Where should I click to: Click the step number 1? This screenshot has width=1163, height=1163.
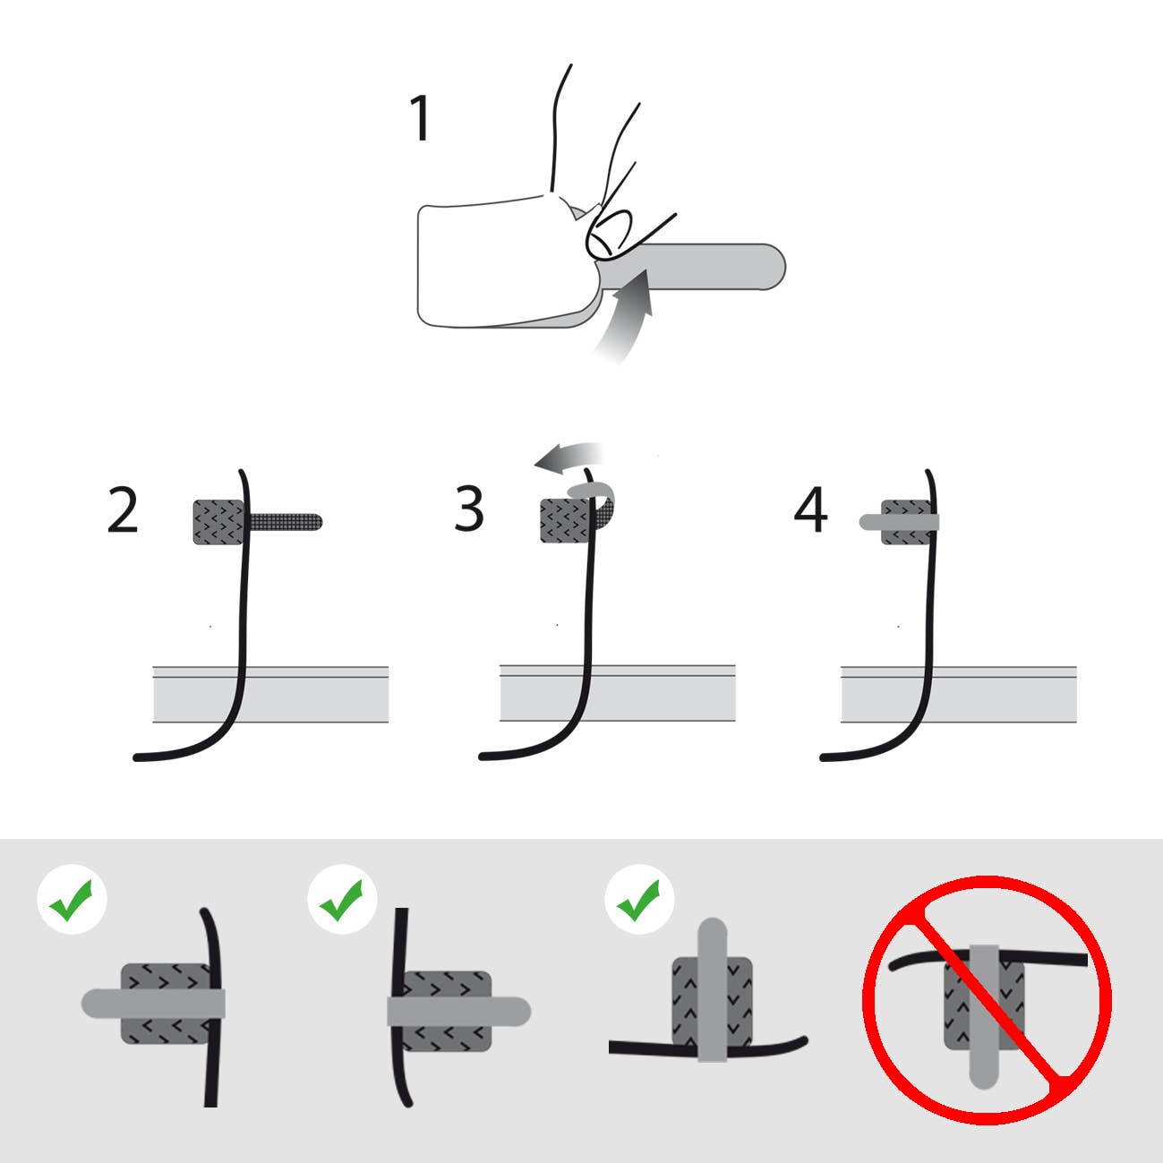click(420, 119)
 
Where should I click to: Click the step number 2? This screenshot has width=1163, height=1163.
click(123, 511)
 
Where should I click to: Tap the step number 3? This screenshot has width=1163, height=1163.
click(469, 509)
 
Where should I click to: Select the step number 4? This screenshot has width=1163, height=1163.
click(810, 510)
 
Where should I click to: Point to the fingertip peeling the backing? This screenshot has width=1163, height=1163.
click(611, 234)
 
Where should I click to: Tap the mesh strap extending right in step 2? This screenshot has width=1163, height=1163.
click(286, 520)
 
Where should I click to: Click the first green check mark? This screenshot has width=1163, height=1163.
click(72, 900)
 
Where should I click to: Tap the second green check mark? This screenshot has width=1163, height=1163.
click(341, 900)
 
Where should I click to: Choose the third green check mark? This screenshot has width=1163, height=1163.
click(639, 900)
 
